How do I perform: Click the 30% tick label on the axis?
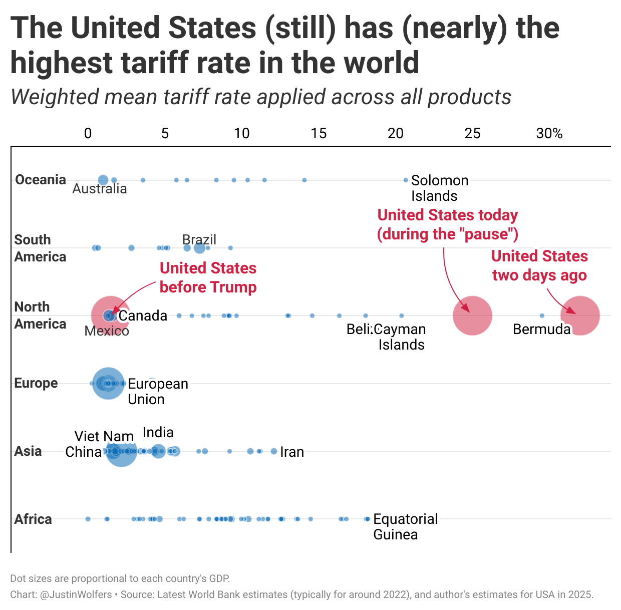pyautogui.click(x=549, y=133)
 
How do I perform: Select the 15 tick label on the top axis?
pyautogui.click(x=319, y=133)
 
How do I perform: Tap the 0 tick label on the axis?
pyautogui.click(x=88, y=133)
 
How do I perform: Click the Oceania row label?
pyautogui.click(x=41, y=180)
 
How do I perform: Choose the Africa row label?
pyautogui.click(x=33, y=519)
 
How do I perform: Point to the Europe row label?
pyautogui.click(x=36, y=383)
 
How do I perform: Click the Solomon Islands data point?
pyautogui.click(x=406, y=180)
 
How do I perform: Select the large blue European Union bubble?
pyautogui.click(x=108, y=383)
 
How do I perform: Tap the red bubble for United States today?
pyautogui.click(x=472, y=316)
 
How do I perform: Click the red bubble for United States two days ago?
pyautogui.click(x=580, y=316)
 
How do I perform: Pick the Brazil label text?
pyautogui.click(x=199, y=239)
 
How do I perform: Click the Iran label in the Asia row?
pyautogui.click(x=292, y=452)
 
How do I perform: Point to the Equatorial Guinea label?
pyautogui.click(x=405, y=526)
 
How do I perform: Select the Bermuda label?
pyautogui.click(x=542, y=329)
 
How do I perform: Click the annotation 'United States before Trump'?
pyautogui.click(x=208, y=277)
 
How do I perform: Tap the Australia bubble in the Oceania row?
pyautogui.click(x=103, y=180)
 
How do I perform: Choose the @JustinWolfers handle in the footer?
pyautogui.click(x=76, y=594)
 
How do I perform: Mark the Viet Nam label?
pyautogui.click(x=104, y=436)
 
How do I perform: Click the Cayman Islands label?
pyautogui.click(x=401, y=337)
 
